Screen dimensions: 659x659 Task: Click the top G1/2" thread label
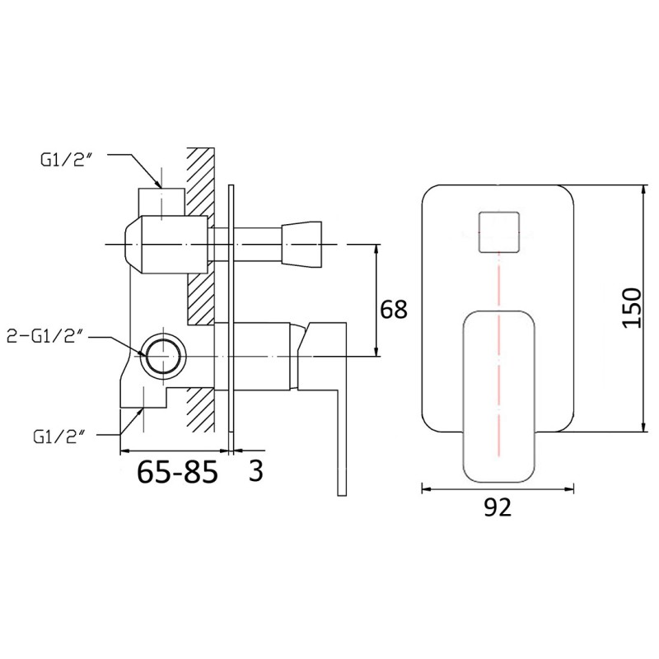coord(67,161)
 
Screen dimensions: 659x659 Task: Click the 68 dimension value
coord(394,310)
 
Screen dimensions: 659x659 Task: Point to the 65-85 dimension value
coord(177,471)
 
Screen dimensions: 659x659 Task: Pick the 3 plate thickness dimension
coord(255,470)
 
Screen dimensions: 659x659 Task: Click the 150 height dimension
coord(631,307)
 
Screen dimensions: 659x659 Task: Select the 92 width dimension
coord(498,507)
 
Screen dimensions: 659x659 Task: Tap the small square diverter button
coord(499,232)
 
